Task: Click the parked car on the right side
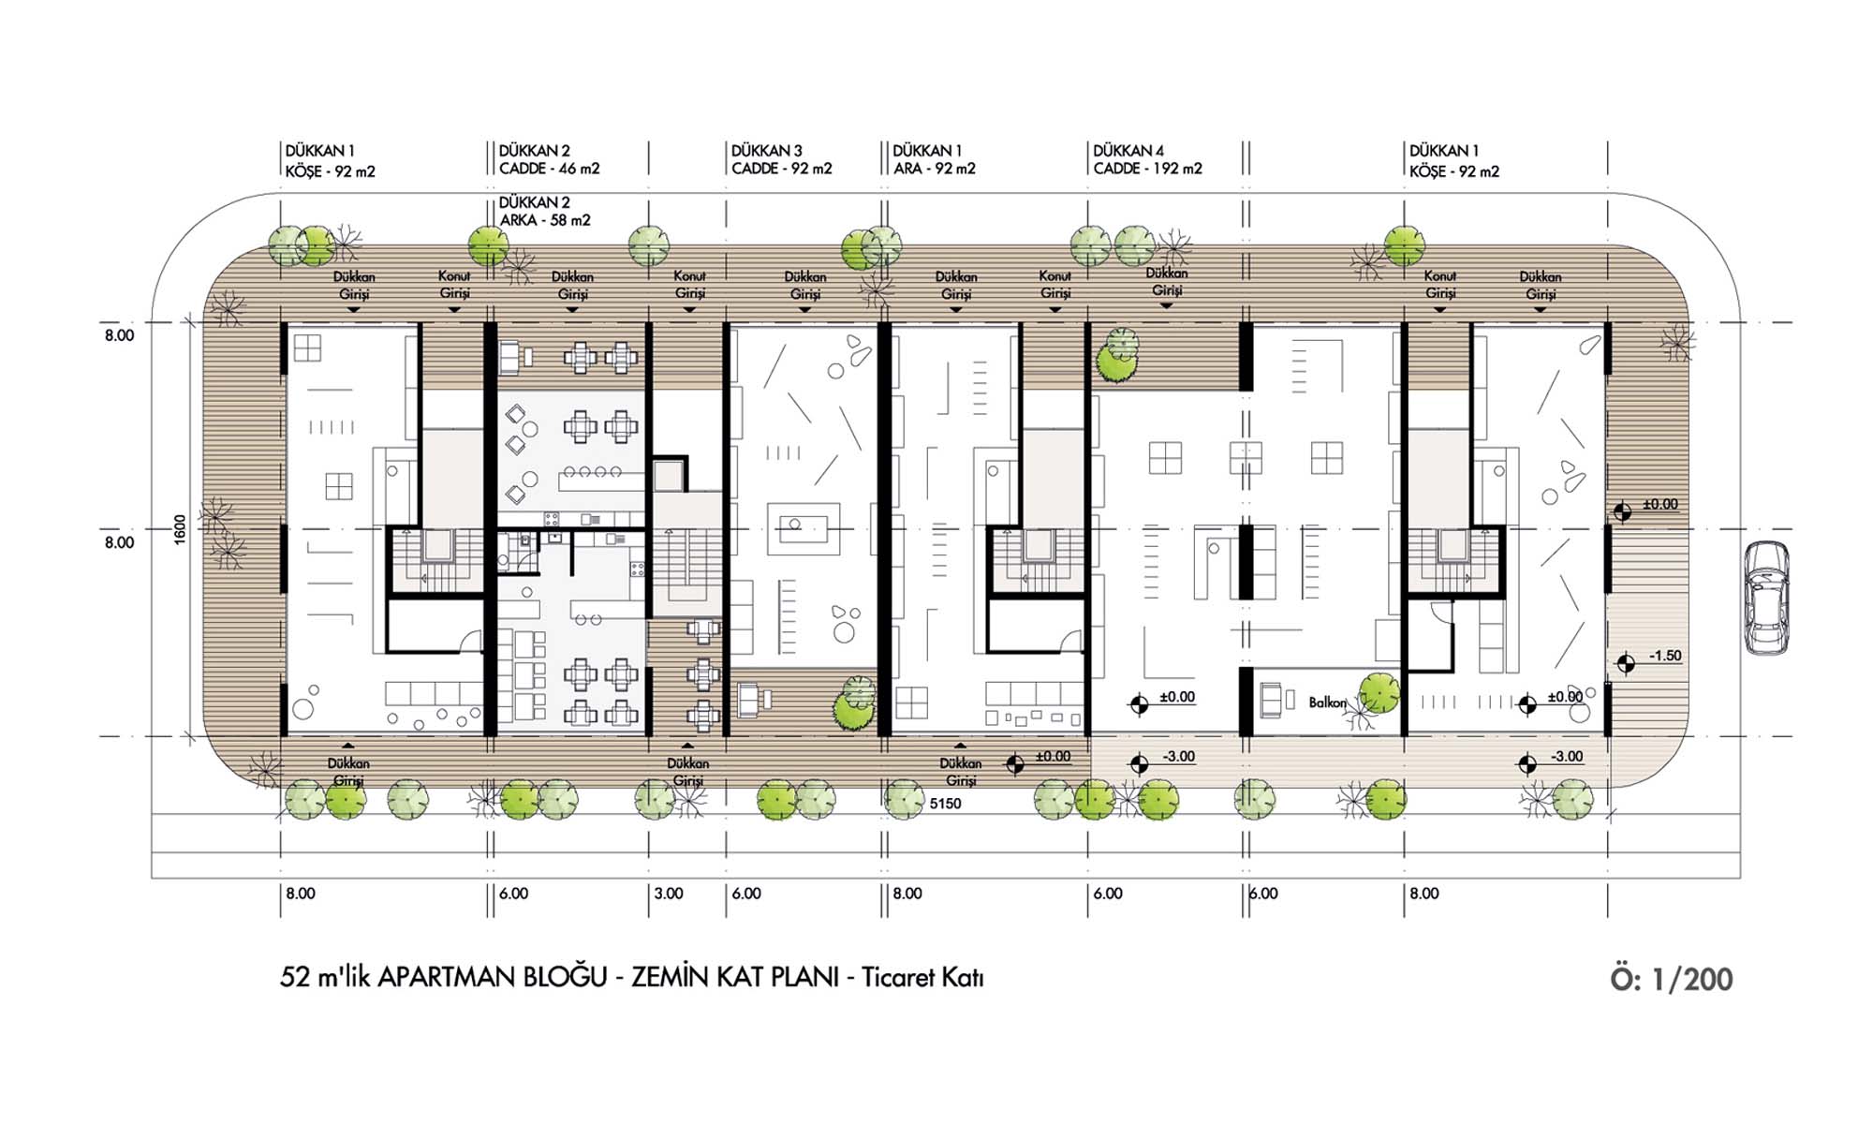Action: pos(1766,598)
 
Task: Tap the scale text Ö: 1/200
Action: pos(1672,979)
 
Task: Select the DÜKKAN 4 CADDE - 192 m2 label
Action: pos(1147,159)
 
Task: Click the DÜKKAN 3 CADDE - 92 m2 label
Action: pos(781,159)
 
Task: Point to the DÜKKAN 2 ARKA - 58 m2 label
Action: pos(545,211)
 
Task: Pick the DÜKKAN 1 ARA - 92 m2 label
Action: pos(934,159)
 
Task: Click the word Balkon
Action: pos(1327,702)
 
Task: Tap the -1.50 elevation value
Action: pos(1665,656)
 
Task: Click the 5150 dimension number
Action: pos(946,804)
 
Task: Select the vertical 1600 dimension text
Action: pos(180,529)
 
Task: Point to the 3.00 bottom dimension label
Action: pos(669,894)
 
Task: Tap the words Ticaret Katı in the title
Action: pos(922,978)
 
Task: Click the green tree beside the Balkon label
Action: pos(1379,694)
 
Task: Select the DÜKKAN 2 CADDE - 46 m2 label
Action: pos(549,159)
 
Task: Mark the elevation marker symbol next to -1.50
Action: pos(1626,663)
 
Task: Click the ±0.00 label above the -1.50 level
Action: pos(1660,504)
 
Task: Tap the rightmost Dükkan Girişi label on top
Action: pos(1540,286)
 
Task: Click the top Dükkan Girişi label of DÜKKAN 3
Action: pos(804,286)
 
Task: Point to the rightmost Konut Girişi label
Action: pos(1439,285)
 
